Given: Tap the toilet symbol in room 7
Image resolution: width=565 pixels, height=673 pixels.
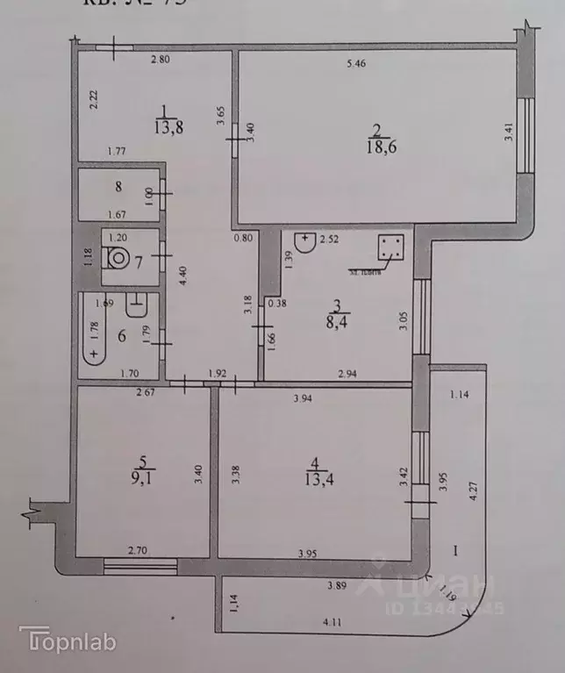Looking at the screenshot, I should (x=116, y=259).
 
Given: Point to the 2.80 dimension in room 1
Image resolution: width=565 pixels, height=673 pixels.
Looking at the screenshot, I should (x=160, y=60).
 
